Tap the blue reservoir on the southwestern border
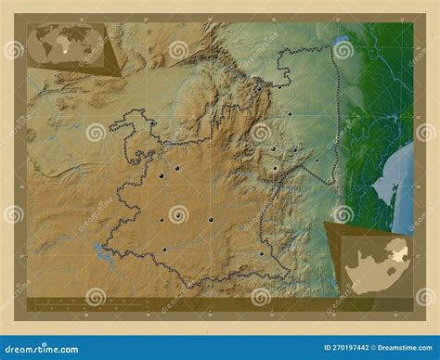tap(99, 251)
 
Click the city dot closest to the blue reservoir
tap(163, 249)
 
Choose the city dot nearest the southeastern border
tap(262, 253)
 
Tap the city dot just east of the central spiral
tap(211, 219)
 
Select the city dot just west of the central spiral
tap(162, 219)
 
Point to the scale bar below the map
tap(74, 302)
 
